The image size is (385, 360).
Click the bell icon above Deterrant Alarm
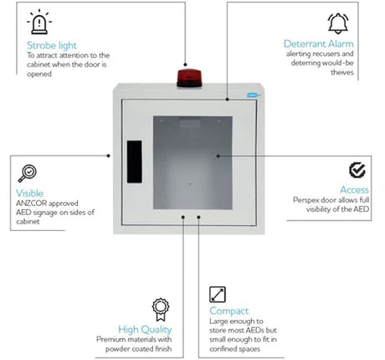tap(337, 21)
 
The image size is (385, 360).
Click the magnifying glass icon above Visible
tap(28, 172)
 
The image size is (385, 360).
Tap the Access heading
tap(354, 190)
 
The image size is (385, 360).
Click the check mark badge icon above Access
tap(357, 170)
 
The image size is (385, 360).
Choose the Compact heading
tap(229, 311)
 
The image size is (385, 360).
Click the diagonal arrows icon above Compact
tap(218, 293)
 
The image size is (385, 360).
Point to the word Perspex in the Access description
tap(306, 200)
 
